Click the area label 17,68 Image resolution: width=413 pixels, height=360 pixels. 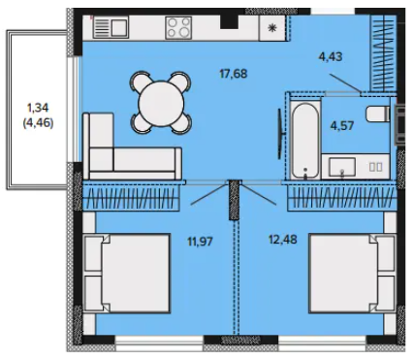pyautogui.click(x=233, y=74)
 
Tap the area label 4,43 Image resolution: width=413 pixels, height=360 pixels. pyautogui.click(x=331, y=57)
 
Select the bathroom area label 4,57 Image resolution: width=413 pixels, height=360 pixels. pyautogui.click(x=342, y=125)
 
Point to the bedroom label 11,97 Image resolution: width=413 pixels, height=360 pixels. pyautogui.click(x=200, y=242)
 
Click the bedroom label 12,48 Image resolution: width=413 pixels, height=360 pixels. pyautogui.click(x=283, y=240)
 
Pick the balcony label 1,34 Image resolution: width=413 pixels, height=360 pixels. pyautogui.click(x=38, y=108)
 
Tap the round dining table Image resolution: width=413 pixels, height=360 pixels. pyautogui.click(x=161, y=104)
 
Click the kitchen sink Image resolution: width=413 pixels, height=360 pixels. pyautogui.click(x=111, y=28)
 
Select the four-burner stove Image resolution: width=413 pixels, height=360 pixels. pyautogui.click(x=178, y=28)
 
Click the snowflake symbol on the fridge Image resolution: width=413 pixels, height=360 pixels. pyautogui.click(x=272, y=28)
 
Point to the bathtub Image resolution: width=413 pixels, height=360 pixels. pyautogui.click(x=305, y=141)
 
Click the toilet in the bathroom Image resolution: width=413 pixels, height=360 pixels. pyautogui.click(x=378, y=114)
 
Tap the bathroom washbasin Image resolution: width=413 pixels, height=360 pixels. pyautogui.click(x=342, y=167)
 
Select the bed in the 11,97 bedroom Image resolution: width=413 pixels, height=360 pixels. pyautogui.click(x=127, y=274)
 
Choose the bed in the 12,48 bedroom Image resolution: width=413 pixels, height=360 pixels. pyautogui.click(x=352, y=274)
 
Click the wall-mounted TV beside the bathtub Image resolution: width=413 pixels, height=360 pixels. pyautogui.click(x=280, y=134)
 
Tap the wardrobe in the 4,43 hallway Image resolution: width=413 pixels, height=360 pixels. pyautogui.click(x=384, y=53)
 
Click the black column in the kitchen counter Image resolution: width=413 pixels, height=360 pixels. pyautogui.click(x=229, y=22)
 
